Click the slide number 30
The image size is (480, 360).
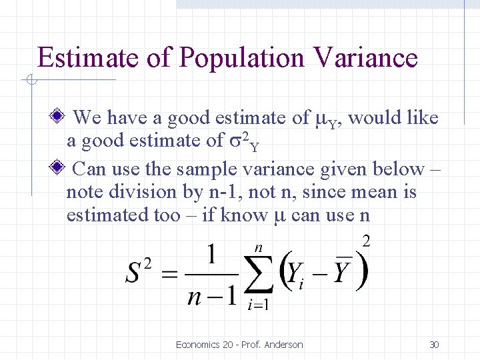pos(434,345)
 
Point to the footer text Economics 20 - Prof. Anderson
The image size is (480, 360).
pos(239,345)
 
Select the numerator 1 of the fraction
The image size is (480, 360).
pos(212,255)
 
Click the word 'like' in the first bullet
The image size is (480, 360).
pos(423,118)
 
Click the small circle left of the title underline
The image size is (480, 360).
pos(30,81)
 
